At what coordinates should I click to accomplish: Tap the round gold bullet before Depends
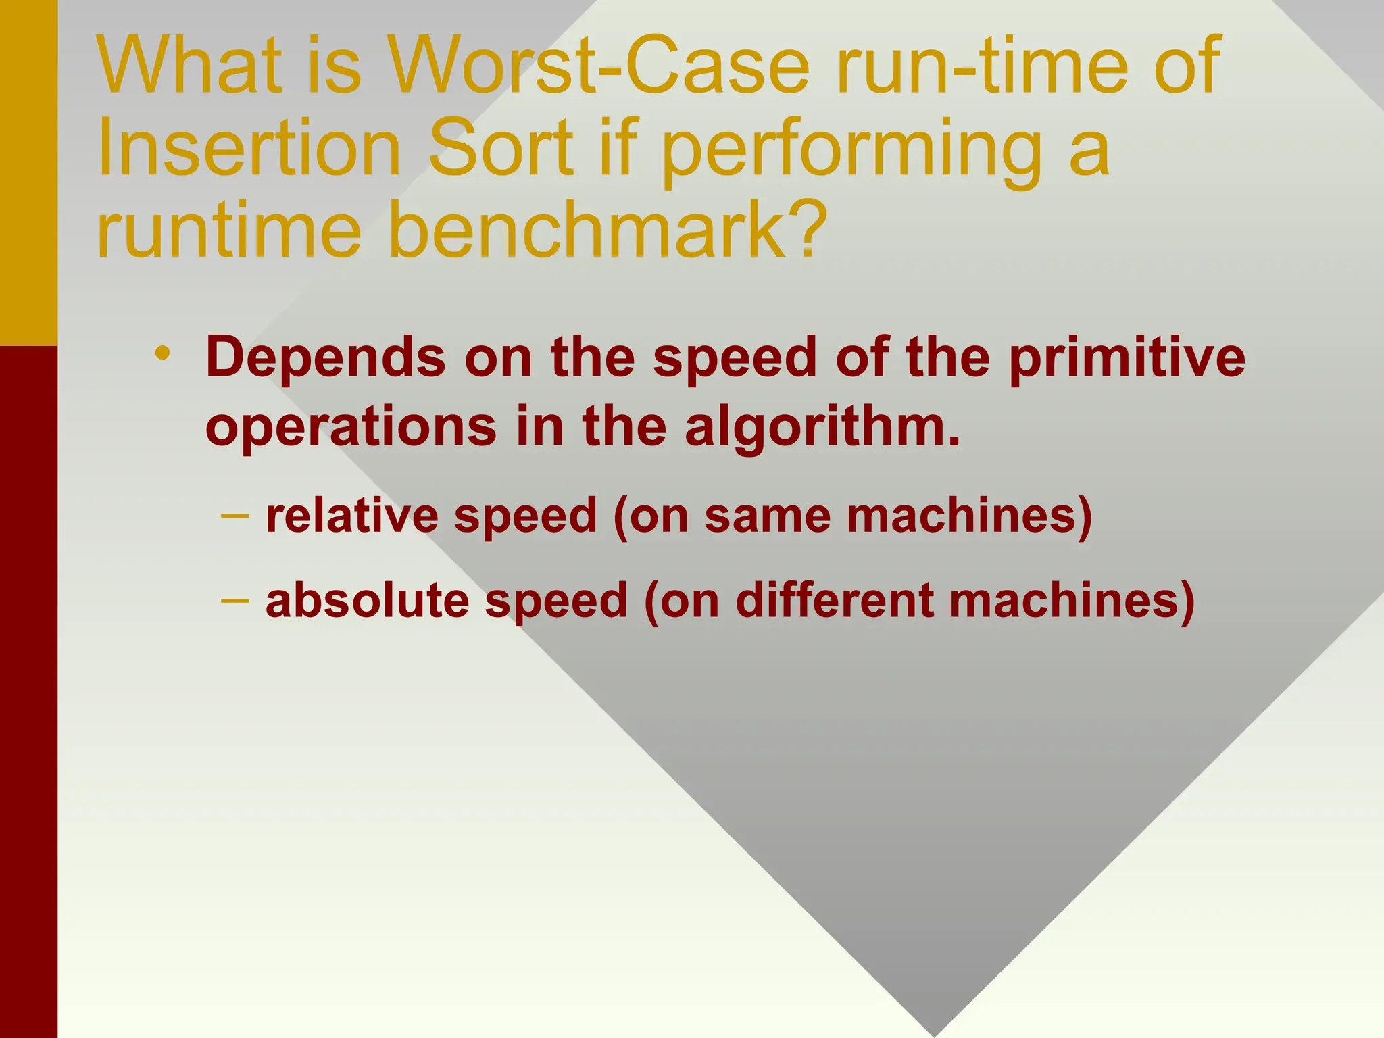(162, 353)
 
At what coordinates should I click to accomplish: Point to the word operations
(351, 427)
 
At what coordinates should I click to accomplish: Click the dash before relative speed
(234, 516)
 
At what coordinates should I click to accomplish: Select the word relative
(352, 516)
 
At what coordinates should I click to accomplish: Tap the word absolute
(367, 600)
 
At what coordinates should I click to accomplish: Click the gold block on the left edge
(28, 172)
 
